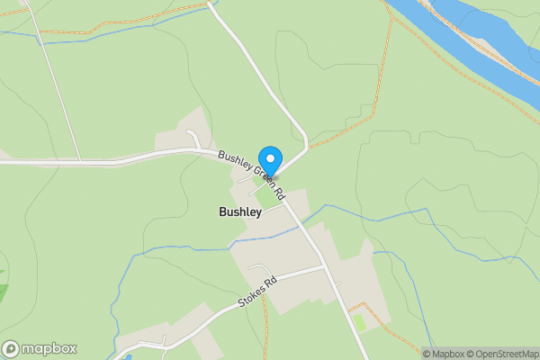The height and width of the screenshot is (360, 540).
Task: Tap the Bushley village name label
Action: pos(240,212)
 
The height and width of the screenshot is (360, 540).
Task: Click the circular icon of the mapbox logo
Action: pos(12,349)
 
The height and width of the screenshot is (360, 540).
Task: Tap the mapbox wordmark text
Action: pos(49,349)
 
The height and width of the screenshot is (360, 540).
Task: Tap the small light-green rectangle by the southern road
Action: pos(361,321)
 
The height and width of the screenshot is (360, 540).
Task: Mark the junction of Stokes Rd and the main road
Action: pos(326,266)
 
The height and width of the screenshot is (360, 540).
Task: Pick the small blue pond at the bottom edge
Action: pos(129,357)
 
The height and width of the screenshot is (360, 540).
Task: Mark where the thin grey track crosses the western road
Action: pos(79,161)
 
